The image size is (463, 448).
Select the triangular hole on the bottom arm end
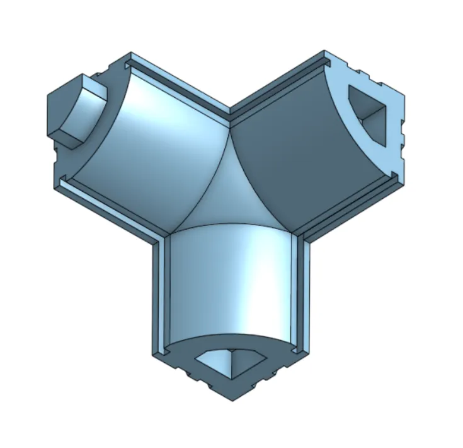(x=231, y=363)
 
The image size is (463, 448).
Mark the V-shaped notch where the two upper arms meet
(x=230, y=115)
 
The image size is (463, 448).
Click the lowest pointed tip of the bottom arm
(x=231, y=399)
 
